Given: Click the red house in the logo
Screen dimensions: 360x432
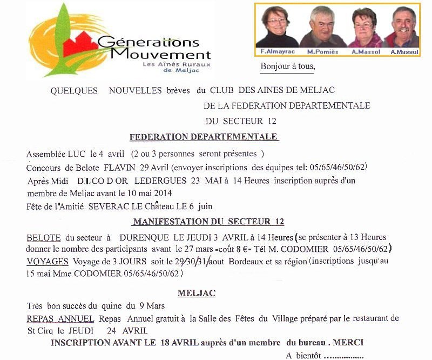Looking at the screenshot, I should click(x=80, y=45).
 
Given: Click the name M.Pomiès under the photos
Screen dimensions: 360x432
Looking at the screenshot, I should click(x=323, y=52).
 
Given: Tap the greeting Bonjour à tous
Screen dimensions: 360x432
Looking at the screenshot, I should click(x=287, y=67).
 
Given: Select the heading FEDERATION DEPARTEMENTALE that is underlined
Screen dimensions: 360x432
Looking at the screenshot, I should click(x=204, y=137).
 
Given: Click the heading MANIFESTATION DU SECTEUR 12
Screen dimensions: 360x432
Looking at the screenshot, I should click(x=208, y=222).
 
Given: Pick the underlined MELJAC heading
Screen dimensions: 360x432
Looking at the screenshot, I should click(x=197, y=294).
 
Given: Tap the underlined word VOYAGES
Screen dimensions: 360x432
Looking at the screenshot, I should click(x=48, y=262).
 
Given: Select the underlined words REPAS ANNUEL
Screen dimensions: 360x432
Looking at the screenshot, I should click(x=60, y=319).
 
